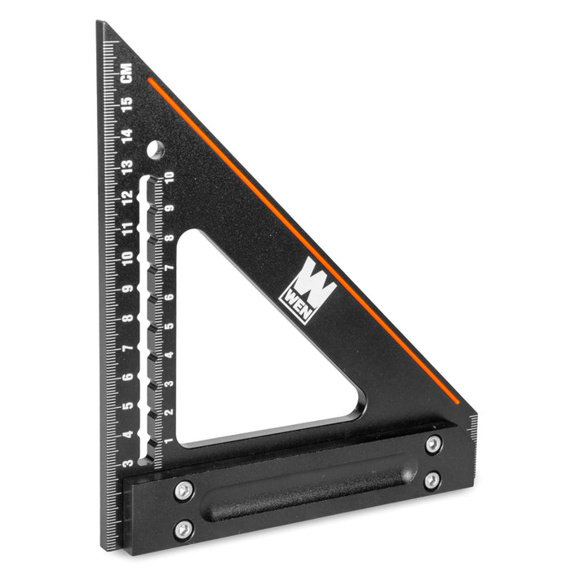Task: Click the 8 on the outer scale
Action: point(128,318)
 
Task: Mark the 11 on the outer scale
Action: point(127,228)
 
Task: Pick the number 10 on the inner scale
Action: point(169,179)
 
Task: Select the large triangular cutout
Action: point(245,359)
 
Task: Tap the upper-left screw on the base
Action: point(184,490)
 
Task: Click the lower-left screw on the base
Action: point(184,529)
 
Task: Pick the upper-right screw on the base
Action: point(433,445)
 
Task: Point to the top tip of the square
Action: point(101,24)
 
